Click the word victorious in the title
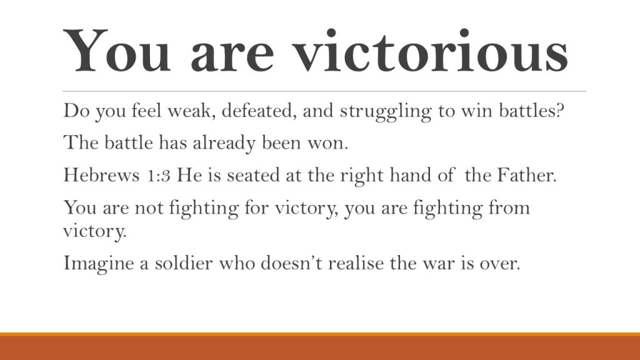pyautogui.click(x=431, y=51)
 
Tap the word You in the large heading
pyautogui.click(x=117, y=51)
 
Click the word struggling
pyautogui.click(x=385, y=112)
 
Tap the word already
pyautogui.click(x=224, y=144)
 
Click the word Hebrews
pyautogui.click(x=102, y=175)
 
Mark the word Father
pyautogui.click(x=526, y=175)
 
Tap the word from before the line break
pyautogui.click(x=509, y=207)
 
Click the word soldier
pyautogui.click(x=184, y=263)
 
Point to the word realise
pyautogui.click(x=356, y=263)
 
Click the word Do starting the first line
pyautogui.click(x=76, y=111)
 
